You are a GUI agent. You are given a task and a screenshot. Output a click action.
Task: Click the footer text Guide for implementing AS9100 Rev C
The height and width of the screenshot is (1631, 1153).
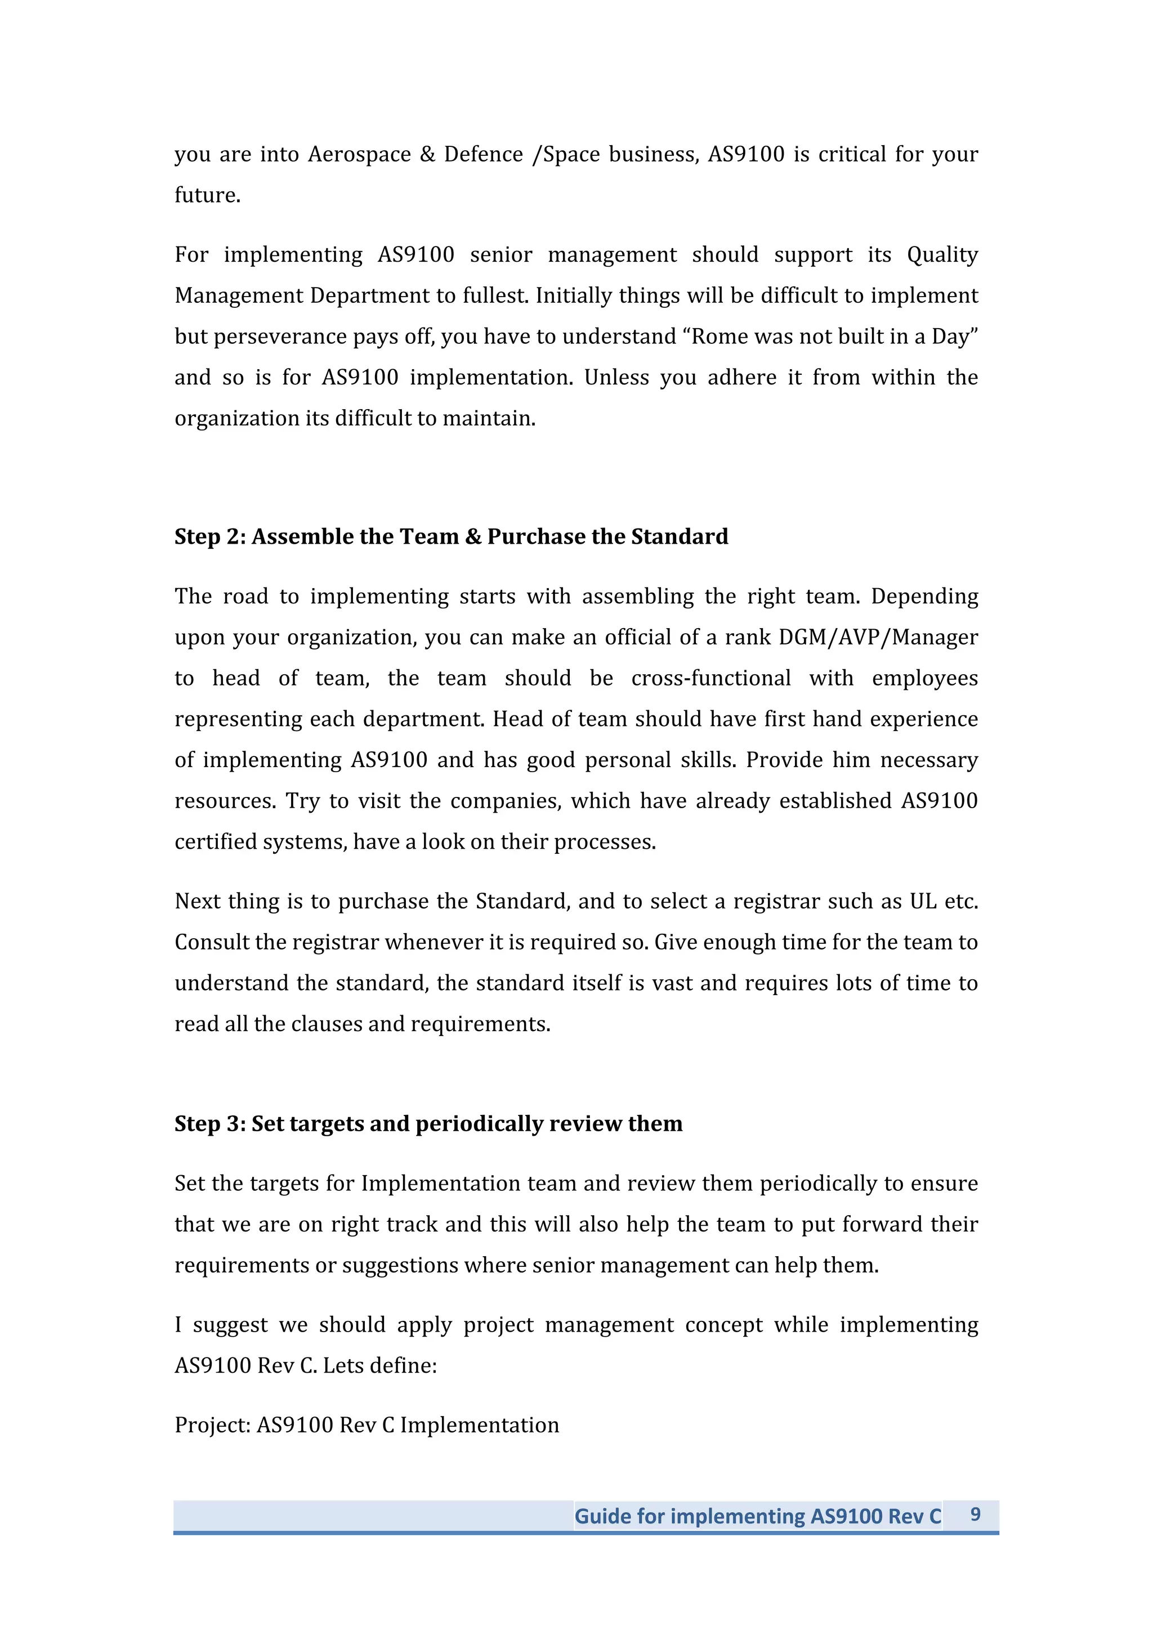coord(757,1516)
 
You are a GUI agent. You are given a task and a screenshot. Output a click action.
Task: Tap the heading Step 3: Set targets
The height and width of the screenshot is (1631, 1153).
coord(428,1124)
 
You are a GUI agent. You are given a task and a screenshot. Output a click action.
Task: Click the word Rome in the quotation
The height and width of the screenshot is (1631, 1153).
coord(721,336)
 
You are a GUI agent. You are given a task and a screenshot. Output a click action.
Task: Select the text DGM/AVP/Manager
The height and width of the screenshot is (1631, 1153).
coord(878,637)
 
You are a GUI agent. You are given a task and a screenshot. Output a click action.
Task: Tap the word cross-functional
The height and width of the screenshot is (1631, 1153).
coord(710,678)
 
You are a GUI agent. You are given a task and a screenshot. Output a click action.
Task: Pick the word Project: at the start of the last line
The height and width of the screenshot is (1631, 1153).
coord(212,1425)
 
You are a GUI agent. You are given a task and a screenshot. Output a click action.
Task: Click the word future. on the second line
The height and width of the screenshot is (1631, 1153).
coord(207,195)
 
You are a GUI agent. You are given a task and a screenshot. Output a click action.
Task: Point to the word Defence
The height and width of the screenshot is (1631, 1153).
coord(483,154)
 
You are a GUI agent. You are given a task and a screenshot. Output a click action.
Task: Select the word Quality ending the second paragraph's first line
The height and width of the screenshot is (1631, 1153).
coord(942,254)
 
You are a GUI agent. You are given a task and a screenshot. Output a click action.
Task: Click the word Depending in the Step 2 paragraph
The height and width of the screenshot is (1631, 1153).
coord(924,596)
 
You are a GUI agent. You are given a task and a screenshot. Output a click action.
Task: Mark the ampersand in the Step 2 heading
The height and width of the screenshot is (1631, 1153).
coord(473,537)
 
